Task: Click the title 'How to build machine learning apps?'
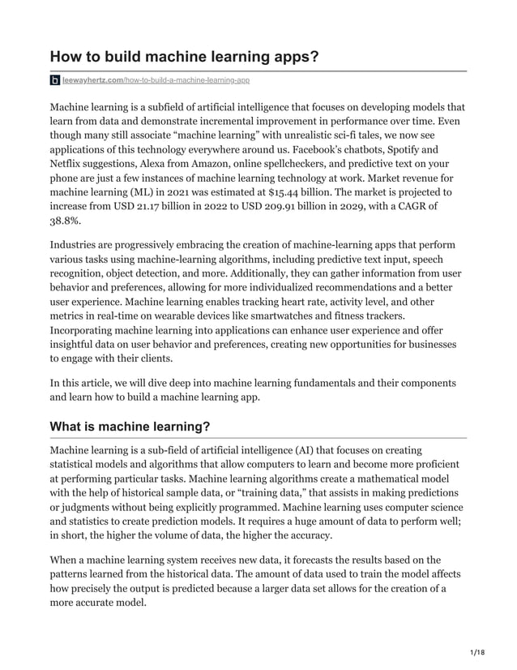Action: pyautogui.click(x=185, y=57)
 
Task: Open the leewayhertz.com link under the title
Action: pyautogui.click(x=156, y=80)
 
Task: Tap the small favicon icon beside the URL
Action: pyautogui.click(x=55, y=80)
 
